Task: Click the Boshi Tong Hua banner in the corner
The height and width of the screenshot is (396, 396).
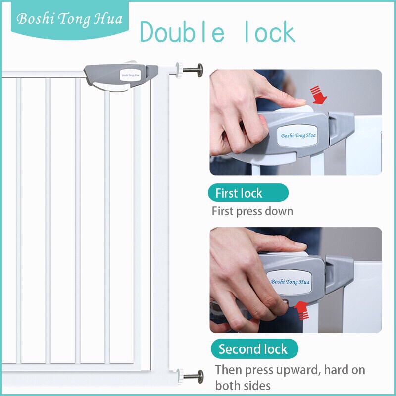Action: click(69, 20)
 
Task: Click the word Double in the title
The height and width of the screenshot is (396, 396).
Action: click(182, 32)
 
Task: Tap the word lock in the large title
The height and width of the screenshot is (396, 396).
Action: click(270, 32)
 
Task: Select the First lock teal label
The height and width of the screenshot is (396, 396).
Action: click(248, 193)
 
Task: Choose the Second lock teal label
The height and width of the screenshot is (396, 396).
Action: click(254, 349)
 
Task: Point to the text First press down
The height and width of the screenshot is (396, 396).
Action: click(252, 211)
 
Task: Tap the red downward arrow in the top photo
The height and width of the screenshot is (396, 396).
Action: click(319, 95)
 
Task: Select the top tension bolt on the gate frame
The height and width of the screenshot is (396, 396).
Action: click(193, 69)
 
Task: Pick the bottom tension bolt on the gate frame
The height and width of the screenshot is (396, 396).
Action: click(193, 376)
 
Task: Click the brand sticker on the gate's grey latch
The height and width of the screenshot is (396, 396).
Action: click(130, 75)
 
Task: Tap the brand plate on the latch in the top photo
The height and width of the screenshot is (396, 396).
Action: click(297, 136)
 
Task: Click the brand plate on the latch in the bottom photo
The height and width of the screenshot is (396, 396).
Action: click(290, 282)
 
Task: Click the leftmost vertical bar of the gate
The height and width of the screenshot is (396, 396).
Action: click(18, 220)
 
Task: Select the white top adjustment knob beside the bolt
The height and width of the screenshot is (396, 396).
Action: click(180, 70)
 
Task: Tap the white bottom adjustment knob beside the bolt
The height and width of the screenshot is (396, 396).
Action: click(180, 376)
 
